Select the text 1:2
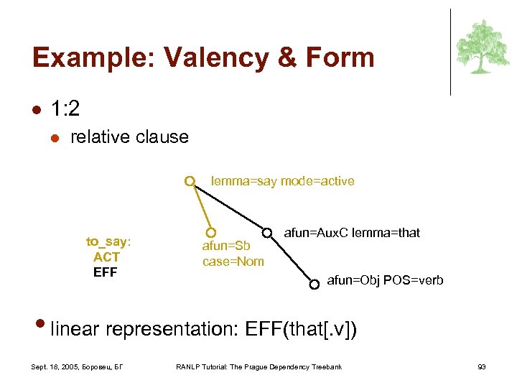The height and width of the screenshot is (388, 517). (65, 108)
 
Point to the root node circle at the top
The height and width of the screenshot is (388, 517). (189, 181)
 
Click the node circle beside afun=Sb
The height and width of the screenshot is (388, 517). (210, 233)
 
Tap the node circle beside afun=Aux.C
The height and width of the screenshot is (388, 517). (267, 233)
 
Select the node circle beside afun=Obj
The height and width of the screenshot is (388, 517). (315, 284)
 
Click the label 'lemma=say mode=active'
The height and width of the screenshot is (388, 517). (282, 181)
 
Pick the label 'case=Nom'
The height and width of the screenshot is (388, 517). (233, 262)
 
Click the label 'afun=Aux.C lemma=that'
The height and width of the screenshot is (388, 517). (352, 232)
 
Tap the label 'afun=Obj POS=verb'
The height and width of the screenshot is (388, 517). (385, 280)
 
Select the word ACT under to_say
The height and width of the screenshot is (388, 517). (106, 257)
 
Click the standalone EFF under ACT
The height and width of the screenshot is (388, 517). (105, 272)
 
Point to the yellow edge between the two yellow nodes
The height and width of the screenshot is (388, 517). (200, 207)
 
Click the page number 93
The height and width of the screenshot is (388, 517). (482, 367)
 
